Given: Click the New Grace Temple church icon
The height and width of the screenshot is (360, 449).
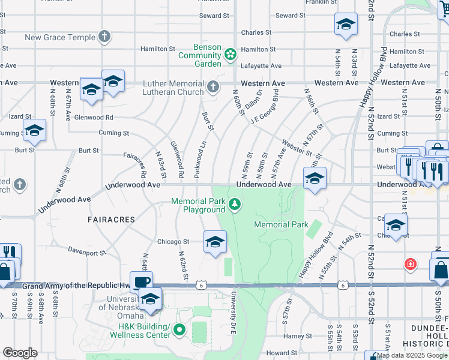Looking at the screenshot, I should click(104, 37).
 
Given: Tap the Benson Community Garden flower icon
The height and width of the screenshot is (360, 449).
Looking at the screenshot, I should click(230, 55).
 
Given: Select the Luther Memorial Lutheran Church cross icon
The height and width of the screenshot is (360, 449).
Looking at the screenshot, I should click(212, 88).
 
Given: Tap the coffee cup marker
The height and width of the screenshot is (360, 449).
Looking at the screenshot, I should click(142, 281).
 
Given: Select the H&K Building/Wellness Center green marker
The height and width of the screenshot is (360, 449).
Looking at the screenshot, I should click(179, 330).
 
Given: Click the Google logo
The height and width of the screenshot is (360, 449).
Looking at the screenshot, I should click(20, 352).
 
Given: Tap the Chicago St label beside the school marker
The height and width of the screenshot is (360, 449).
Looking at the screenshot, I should click(173, 242).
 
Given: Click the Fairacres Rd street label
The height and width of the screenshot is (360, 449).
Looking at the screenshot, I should click(135, 164).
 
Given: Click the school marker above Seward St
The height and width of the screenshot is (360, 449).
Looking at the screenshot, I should click(346, 25).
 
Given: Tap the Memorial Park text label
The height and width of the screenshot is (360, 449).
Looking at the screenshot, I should click(281, 224).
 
